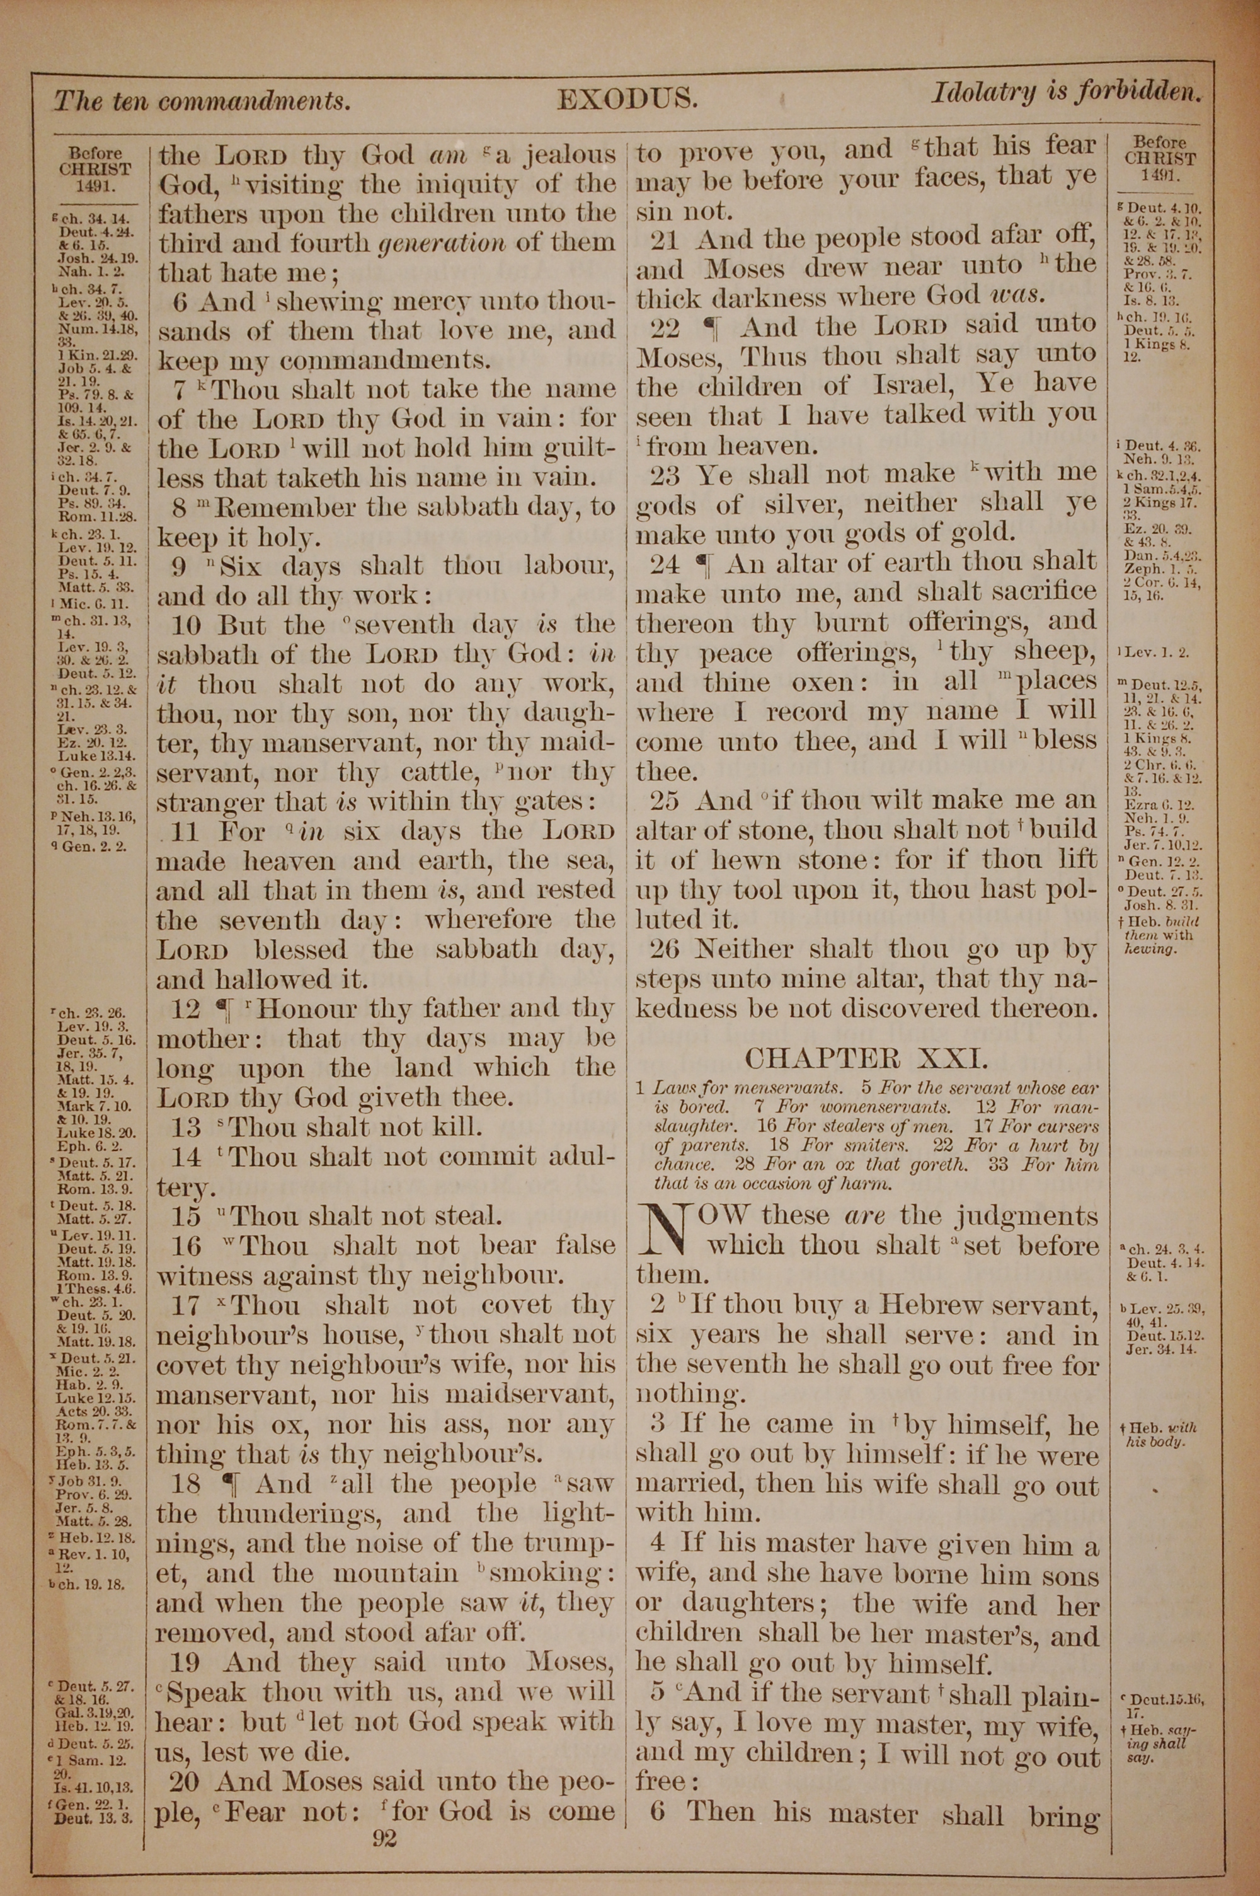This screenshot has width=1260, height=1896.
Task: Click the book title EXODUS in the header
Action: [627, 99]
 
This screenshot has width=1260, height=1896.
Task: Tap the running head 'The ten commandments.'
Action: [202, 101]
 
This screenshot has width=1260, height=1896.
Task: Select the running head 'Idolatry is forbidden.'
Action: [1067, 93]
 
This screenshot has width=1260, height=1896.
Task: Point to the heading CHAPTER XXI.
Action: [866, 1058]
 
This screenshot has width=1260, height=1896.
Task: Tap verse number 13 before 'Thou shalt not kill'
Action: [186, 1127]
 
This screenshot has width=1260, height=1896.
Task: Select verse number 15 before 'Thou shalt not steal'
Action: [186, 1216]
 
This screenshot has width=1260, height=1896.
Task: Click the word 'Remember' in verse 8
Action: [280, 508]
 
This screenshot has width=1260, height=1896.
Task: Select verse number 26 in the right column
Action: [665, 949]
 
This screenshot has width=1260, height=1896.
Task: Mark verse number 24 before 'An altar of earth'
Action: [665, 564]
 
